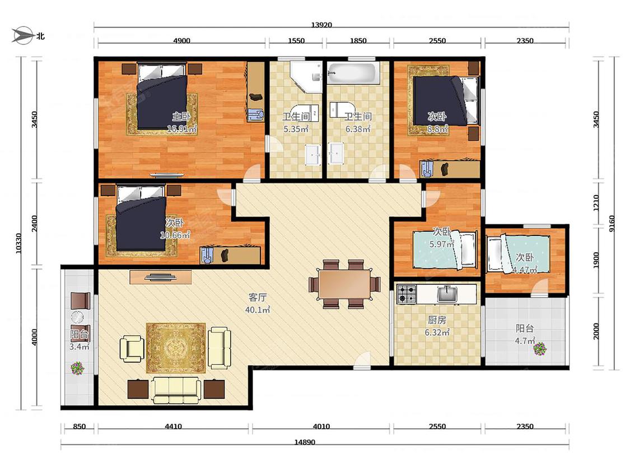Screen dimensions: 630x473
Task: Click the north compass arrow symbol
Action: pos(23,35)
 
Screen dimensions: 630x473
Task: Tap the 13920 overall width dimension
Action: pos(321,25)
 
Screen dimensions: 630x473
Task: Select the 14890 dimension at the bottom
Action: pos(305,442)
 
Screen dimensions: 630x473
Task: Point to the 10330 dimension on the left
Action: pos(18,243)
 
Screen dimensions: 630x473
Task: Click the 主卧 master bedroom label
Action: pos(181,117)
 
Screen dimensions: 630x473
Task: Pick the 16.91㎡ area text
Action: pos(181,129)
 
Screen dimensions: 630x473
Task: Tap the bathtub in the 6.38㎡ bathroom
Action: pos(353,73)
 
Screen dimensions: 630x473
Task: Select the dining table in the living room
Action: pos(345,284)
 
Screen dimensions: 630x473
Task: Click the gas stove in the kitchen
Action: pos(407,294)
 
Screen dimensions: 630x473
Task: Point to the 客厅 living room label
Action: pos(257,298)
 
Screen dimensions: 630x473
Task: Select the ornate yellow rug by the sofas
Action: pos(176,347)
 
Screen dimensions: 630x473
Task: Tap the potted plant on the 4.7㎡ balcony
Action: pos(540,349)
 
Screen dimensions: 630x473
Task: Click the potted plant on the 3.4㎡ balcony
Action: pos(77,368)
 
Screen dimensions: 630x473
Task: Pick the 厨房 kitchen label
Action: pos(437,320)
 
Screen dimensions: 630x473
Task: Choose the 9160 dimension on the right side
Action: pos(612,224)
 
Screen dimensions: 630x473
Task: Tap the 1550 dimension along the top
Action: pos(296,40)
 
